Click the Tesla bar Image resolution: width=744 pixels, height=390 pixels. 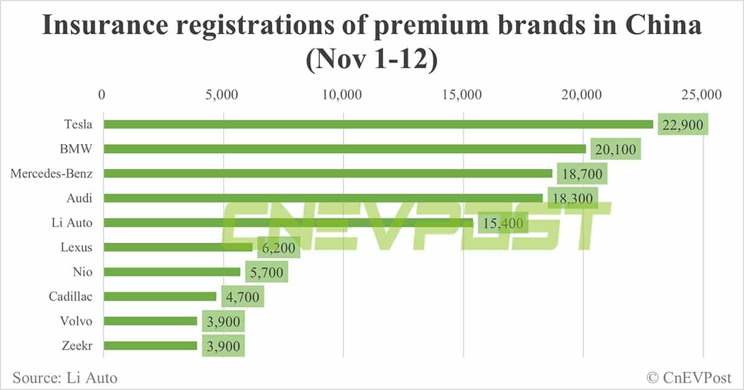378,124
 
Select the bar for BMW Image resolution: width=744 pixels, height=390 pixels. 345,149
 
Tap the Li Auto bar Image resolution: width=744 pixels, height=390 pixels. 288,222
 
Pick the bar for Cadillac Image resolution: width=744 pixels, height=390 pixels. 160,296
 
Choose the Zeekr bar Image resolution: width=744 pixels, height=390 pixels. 151,345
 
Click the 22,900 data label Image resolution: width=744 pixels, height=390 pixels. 683,125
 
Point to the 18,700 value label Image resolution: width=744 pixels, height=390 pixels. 582,174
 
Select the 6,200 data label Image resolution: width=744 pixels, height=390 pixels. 279,247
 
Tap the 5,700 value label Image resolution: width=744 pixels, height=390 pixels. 267,272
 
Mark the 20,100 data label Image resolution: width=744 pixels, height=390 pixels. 616,150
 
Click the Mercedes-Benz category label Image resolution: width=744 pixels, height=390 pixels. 51,173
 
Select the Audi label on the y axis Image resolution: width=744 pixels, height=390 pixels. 80,198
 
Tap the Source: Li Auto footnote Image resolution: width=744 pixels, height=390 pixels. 64,377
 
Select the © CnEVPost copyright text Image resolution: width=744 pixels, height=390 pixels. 688,377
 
